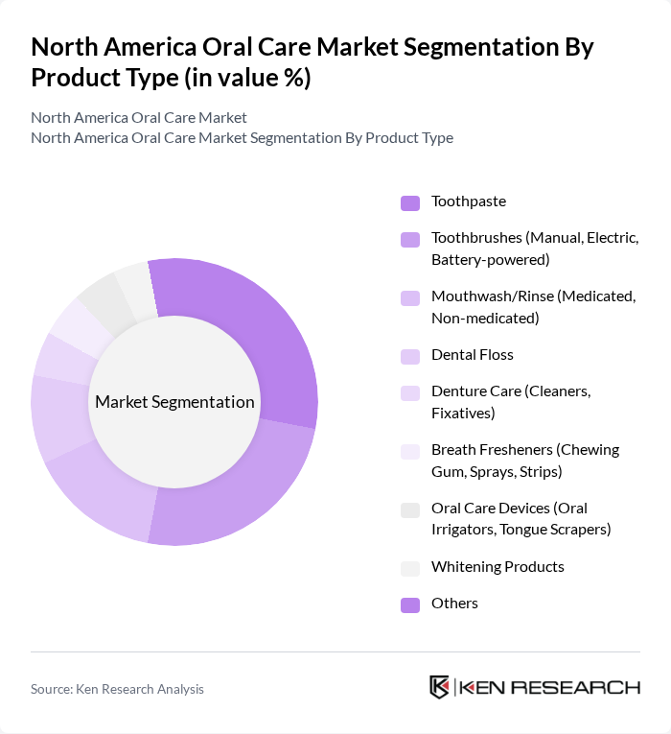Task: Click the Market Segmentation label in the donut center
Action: click(174, 402)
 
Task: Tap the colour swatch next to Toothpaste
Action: click(409, 202)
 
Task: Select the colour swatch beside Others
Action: click(409, 604)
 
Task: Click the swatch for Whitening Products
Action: click(409, 568)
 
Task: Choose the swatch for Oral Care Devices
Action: click(409, 509)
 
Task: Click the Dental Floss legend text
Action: click(472, 355)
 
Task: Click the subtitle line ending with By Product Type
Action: click(242, 137)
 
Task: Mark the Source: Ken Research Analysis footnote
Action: click(117, 689)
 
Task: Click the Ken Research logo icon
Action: click(440, 687)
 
